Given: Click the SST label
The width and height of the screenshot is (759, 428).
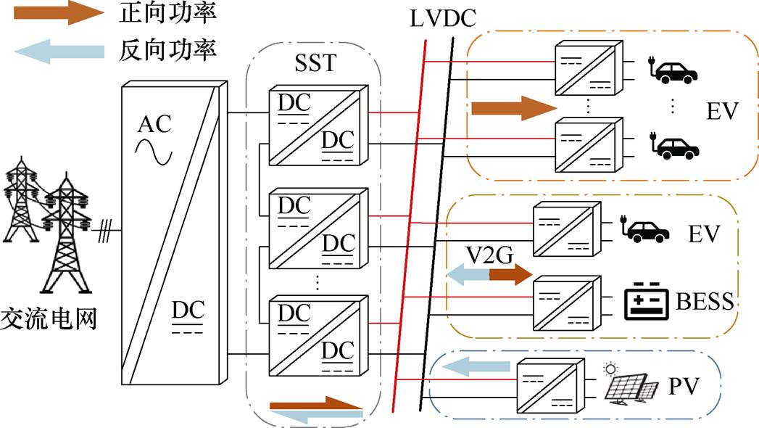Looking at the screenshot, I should coord(315,63).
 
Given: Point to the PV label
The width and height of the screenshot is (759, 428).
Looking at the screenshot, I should coord(682,386).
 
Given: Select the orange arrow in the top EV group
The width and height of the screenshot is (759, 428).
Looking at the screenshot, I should coord(513,109).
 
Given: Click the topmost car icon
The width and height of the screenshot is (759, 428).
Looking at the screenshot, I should coord(676,72).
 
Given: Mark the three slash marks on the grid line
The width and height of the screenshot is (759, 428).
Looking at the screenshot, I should coord(105,231).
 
